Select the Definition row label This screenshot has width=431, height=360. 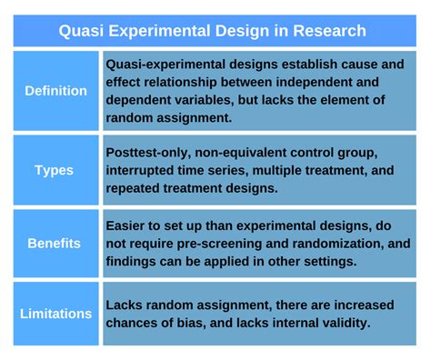56,91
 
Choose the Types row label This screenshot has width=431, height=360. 56,170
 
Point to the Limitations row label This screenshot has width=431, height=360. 56,314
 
